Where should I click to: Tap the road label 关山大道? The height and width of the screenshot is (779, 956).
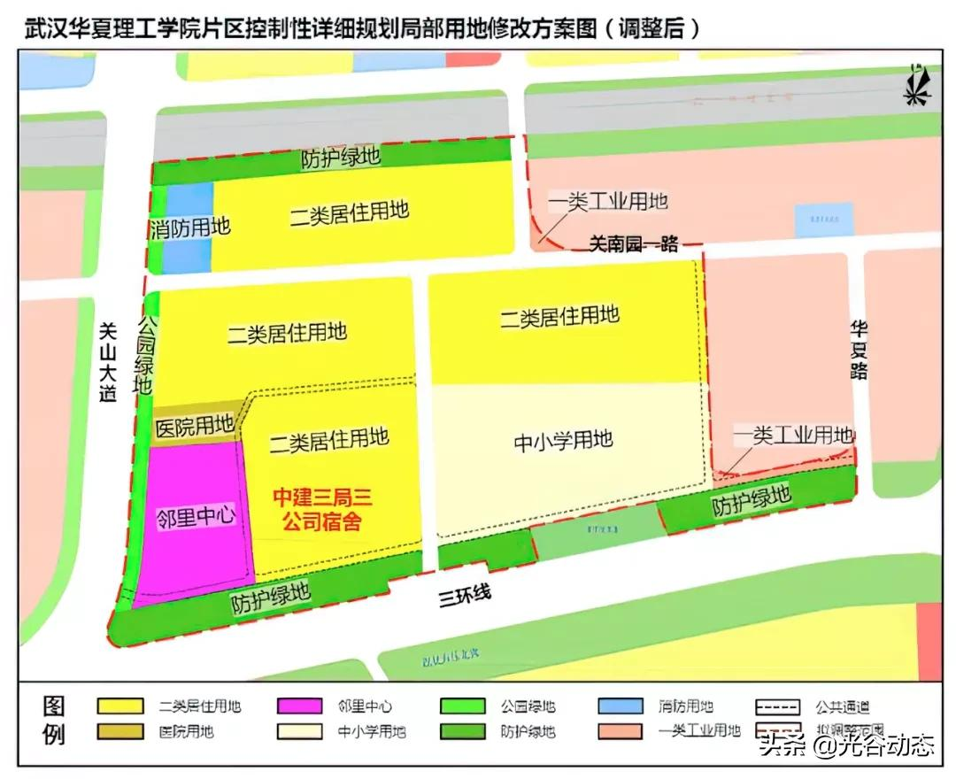point(107,350)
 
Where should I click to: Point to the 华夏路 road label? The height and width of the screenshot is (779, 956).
point(858,349)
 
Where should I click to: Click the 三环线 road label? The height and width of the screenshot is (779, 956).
point(465,598)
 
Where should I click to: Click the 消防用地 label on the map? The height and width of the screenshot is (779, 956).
point(189,228)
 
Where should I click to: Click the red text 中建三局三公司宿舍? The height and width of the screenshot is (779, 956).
point(321,509)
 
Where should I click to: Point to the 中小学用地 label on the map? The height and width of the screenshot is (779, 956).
point(564,440)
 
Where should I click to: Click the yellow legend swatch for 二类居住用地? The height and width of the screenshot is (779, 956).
point(120,706)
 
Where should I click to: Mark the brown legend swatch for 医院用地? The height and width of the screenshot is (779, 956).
point(120,732)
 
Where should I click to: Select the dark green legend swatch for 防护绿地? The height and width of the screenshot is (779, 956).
point(462,732)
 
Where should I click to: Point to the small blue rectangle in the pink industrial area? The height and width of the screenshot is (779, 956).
point(823,220)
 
